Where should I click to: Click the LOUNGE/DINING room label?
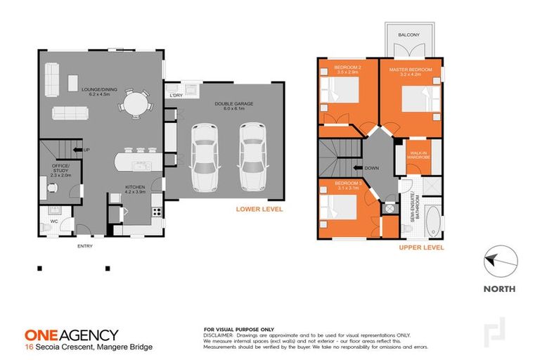[x=98, y=91]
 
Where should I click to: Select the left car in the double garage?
[x=205, y=157]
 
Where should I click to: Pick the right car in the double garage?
[x=252, y=156]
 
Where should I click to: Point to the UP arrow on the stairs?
[x=84, y=150]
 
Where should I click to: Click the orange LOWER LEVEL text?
[x=259, y=209]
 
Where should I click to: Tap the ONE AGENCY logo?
[x=71, y=335]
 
